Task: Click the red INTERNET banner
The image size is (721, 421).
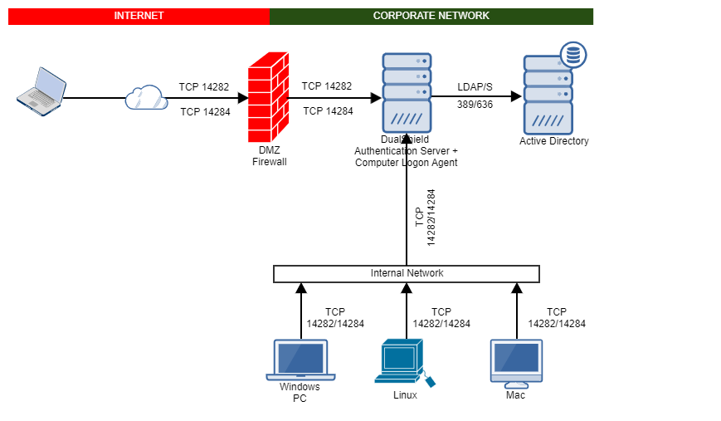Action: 139,16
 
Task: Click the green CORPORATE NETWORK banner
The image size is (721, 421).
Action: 431,16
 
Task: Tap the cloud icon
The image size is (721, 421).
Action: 146,98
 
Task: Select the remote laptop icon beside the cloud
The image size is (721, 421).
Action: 41,91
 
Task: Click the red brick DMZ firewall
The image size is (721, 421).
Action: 267,97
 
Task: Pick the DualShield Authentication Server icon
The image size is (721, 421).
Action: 407,90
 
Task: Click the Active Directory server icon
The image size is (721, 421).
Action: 548,95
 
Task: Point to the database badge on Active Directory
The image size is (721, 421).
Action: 572,56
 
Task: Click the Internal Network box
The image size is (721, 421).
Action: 407,273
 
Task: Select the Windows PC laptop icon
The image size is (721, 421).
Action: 299,360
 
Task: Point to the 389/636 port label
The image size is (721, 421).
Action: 475,105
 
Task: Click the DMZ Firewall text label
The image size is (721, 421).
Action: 269,156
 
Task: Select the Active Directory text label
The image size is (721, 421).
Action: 553,141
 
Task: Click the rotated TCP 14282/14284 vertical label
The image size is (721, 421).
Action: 425,218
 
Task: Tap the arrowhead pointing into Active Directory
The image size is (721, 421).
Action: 516,96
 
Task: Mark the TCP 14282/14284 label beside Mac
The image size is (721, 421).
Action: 557,318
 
